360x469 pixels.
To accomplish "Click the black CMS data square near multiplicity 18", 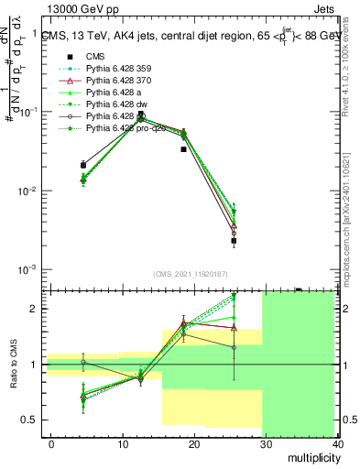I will pos(183,148).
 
